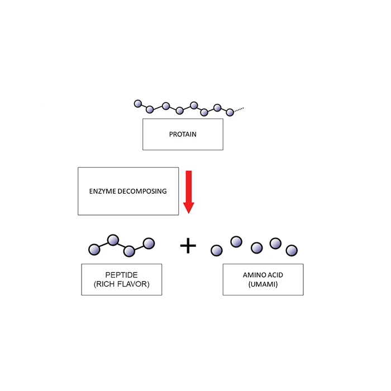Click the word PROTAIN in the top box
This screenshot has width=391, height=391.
point(183,134)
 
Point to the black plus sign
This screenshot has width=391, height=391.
point(188,245)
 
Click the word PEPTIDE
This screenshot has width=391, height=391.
point(121,275)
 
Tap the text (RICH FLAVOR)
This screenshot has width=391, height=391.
point(121,284)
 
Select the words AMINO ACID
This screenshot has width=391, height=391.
point(263,275)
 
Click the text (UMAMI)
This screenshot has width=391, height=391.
point(263,284)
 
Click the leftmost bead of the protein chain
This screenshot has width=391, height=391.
point(138,103)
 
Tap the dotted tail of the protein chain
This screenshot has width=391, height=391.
point(239,109)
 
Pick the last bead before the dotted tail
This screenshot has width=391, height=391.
point(230,112)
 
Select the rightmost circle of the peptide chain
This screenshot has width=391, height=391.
point(149,243)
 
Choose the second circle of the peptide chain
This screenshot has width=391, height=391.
point(113,240)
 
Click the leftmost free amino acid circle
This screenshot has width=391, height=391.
point(217,250)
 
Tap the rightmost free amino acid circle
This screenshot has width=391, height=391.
point(291,250)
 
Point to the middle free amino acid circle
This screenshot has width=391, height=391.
point(257,247)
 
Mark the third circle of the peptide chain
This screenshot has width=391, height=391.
point(130,251)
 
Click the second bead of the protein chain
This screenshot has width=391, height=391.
point(150,109)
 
